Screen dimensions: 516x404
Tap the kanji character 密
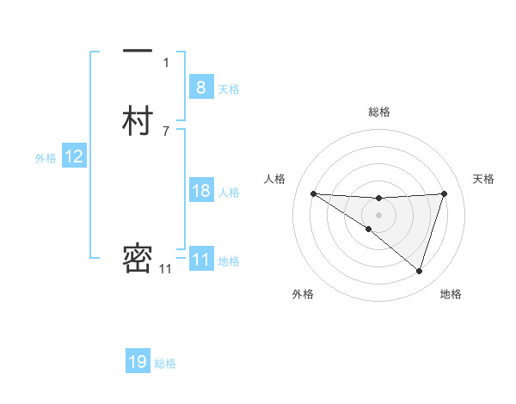138,259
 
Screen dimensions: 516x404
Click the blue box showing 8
200,87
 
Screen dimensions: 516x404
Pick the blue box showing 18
201,191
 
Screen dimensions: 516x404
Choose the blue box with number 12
74,156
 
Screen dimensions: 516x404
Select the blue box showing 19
138,362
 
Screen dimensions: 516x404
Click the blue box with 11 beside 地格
201,260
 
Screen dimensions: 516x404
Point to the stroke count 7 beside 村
166,132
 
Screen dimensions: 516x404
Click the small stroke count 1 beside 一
166,63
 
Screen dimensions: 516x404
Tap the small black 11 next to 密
165,269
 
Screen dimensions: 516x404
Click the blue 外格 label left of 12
46,158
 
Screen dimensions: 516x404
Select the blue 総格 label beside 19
165,364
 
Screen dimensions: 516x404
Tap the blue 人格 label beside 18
229,193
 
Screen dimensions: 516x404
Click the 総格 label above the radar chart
378,112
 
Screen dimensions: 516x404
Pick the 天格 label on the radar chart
484,179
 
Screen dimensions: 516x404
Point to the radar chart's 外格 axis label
303,294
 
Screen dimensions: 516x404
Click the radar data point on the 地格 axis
420,271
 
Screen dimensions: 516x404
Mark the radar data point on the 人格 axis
313,193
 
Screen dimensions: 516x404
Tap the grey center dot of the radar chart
378,214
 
